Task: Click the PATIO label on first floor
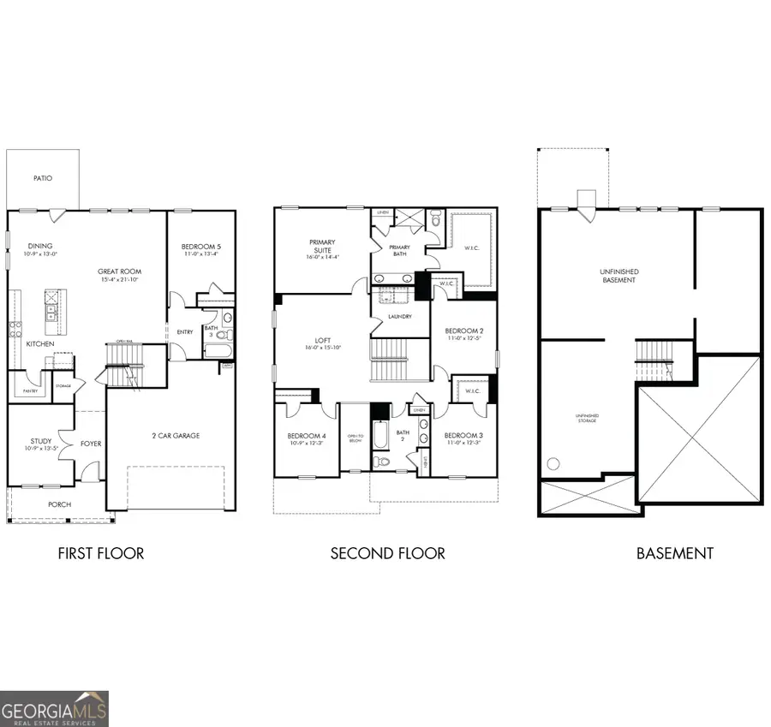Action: tap(43, 179)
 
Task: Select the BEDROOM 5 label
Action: tap(201, 247)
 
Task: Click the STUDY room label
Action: tap(41, 442)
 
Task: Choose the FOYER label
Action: tap(92, 444)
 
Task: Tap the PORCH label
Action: tap(59, 504)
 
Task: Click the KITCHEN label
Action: tap(40, 343)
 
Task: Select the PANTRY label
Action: tap(28, 392)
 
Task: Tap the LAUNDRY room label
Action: tap(400, 316)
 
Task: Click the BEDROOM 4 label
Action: tap(306, 436)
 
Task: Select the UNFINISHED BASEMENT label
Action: tap(619, 276)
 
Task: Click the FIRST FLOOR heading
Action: tap(101, 553)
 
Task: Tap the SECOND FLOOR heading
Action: tap(387, 553)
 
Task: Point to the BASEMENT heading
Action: tap(674, 553)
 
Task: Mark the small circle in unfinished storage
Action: tap(553, 464)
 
